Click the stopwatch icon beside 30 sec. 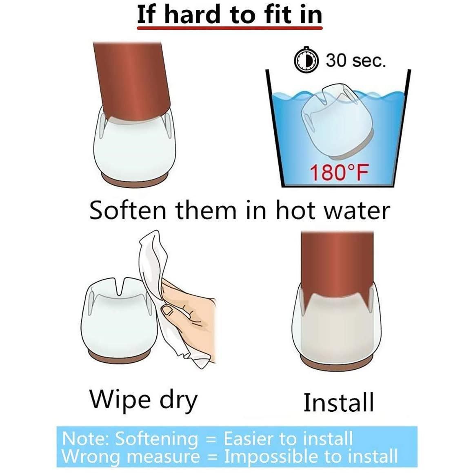point(306,60)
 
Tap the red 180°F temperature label point(340,173)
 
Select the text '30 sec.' point(355,60)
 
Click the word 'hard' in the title point(192,14)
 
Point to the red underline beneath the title point(229,28)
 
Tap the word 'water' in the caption point(356,210)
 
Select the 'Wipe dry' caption point(144,400)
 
